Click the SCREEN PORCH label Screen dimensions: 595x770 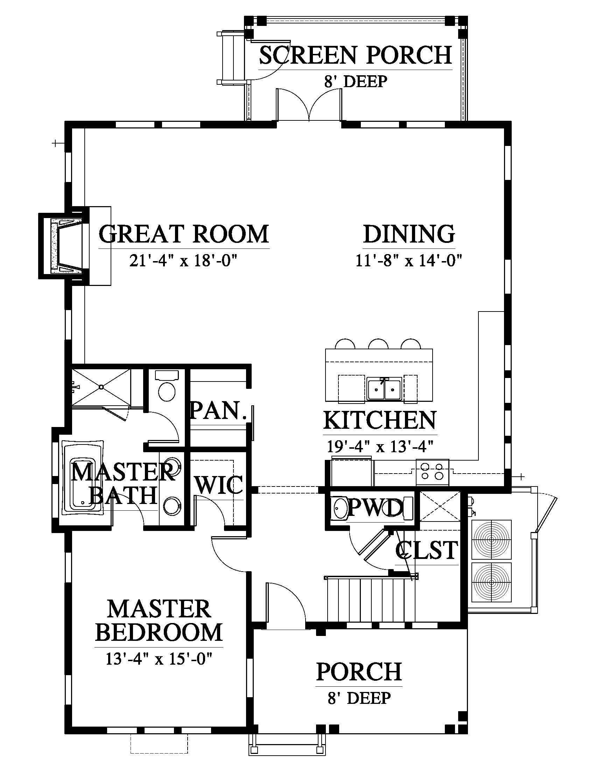[355, 55]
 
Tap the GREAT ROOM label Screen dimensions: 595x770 [184, 234]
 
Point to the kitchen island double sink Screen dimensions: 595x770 [384, 389]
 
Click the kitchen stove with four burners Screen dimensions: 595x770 [433, 472]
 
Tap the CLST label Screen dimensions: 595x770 [427, 550]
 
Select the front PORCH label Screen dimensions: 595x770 [359, 672]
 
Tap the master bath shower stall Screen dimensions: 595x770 [101, 387]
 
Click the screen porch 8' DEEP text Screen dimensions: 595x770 [355, 82]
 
